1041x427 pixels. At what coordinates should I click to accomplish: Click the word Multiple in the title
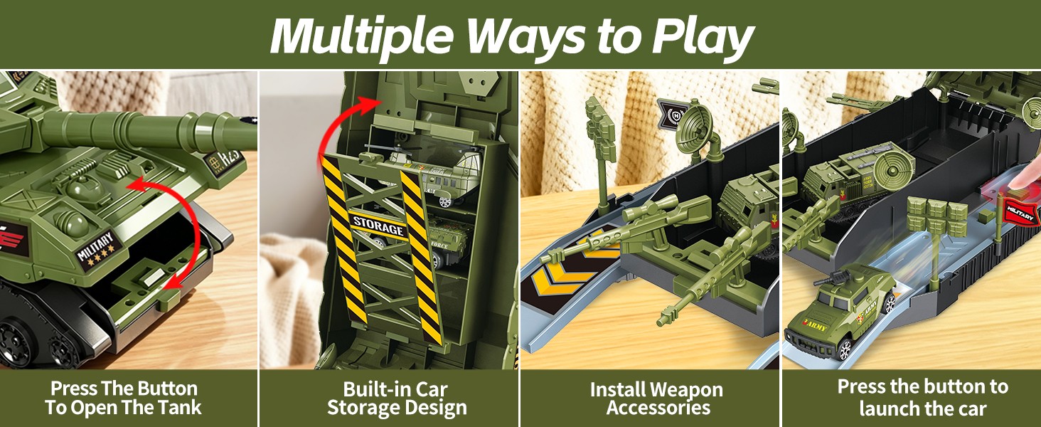tap(361, 36)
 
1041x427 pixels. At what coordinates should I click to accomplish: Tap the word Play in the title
tap(703, 37)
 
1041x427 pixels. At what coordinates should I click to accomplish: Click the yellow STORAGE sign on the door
tap(378, 226)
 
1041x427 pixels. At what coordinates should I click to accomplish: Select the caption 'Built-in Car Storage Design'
tap(396, 399)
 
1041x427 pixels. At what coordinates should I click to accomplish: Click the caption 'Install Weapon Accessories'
tap(657, 399)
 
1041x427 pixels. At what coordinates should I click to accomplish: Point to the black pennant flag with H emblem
tap(671, 115)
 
